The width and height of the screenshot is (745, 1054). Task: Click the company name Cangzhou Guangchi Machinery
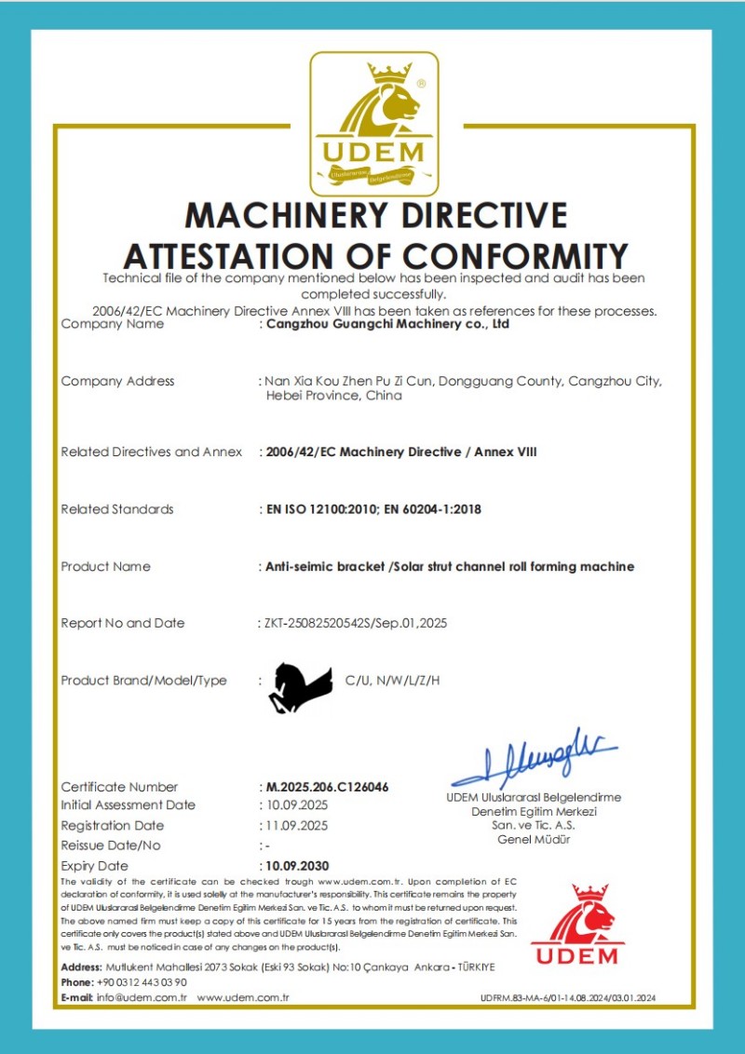(387, 325)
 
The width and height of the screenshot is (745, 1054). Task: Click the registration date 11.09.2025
(295, 826)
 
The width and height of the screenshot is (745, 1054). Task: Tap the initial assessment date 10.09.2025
(295, 805)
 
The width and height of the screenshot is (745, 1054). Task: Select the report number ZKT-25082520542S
(319, 623)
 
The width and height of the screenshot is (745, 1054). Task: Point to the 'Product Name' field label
(105, 566)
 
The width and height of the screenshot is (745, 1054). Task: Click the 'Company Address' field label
(117, 381)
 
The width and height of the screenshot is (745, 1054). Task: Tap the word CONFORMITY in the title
(508, 255)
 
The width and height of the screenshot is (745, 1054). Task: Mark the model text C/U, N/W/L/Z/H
(392, 681)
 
